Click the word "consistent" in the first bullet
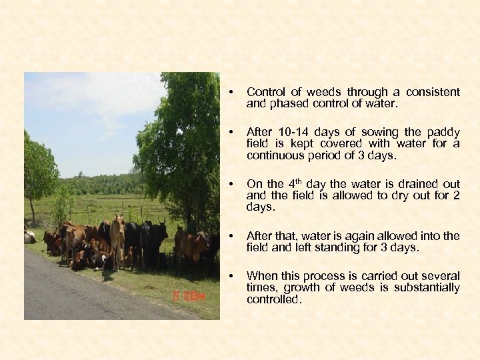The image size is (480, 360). pos(433,92)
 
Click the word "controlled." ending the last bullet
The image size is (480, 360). pos(274,299)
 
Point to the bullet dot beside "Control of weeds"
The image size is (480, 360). pos(230,92)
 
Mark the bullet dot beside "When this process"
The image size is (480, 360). pos(230,275)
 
